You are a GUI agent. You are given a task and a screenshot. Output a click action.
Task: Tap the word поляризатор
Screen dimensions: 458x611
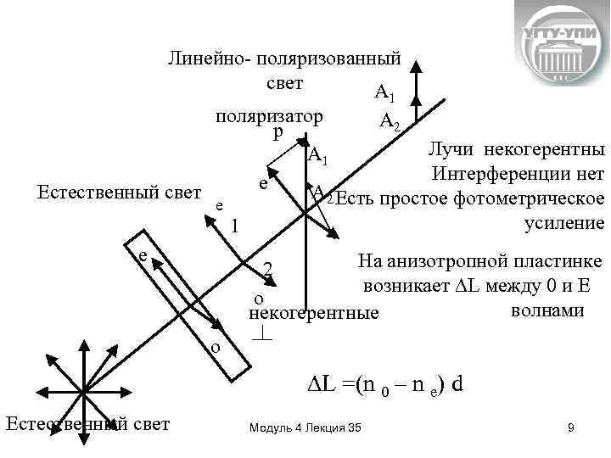(x=269, y=116)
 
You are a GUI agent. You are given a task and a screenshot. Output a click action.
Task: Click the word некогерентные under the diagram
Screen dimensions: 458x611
(x=315, y=313)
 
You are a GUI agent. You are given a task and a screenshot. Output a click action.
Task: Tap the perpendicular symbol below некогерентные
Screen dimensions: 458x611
(x=262, y=334)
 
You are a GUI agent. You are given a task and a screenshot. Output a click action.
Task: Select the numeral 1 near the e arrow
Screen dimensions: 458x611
(x=236, y=227)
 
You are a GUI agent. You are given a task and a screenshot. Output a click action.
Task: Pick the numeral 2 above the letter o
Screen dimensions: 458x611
(x=267, y=270)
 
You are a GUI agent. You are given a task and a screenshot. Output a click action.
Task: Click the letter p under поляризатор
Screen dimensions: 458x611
(x=279, y=133)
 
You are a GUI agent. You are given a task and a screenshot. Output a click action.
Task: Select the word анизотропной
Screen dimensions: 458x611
(x=474, y=260)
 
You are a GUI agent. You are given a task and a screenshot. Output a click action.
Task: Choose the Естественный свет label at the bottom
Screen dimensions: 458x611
(x=87, y=423)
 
